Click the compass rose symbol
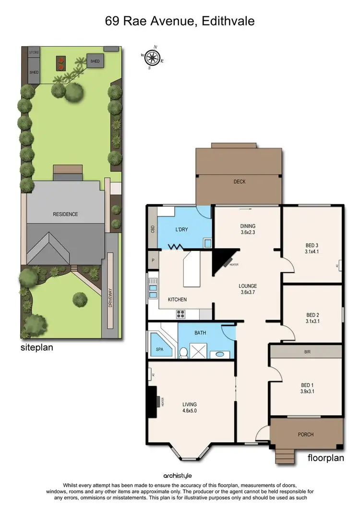(x=153, y=58)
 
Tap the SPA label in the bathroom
(x=160, y=349)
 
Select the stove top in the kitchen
(x=181, y=315)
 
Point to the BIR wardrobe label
(x=308, y=352)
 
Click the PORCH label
(x=306, y=435)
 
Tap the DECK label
(x=240, y=181)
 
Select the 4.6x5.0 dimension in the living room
(x=189, y=411)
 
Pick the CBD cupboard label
(x=152, y=229)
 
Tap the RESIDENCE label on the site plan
(x=65, y=214)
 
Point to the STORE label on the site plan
(x=34, y=51)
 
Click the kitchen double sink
(x=153, y=292)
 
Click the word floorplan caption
(x=325, y=458)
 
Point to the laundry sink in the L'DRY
(x=207, y=243)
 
